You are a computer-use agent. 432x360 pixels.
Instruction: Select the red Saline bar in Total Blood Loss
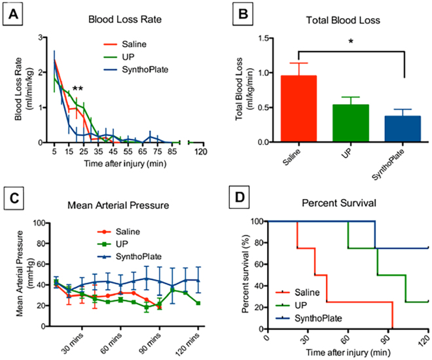pyautogui.click(x=298, y=108)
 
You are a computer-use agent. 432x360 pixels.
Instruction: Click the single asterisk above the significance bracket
pyautogui.click(x=350, y=41)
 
